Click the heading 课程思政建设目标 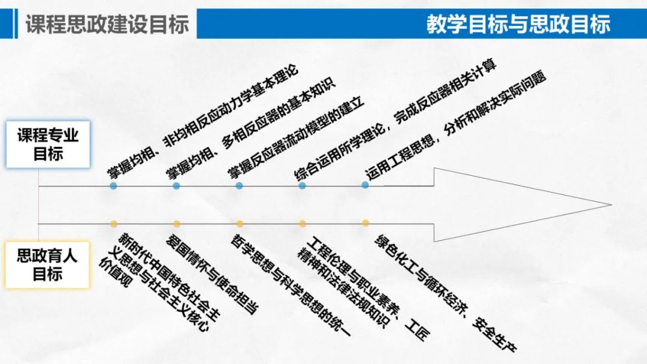[107, 24]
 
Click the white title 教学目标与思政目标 [518, 23]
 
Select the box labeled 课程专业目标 [48, 144]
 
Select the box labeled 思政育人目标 [47, 265]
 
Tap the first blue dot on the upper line [113, 186]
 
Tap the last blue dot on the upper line [365, 185]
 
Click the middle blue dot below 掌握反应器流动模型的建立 [239, 186]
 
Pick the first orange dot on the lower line [114, 224]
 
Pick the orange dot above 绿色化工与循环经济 [365, 223]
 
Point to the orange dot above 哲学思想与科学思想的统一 [239, 224]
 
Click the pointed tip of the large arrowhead [611, 204]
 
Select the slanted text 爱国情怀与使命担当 [212, 273]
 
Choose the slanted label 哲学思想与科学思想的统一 [291, 285]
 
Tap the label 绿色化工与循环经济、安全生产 [445, 293]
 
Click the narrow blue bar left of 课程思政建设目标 [16, 24]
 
